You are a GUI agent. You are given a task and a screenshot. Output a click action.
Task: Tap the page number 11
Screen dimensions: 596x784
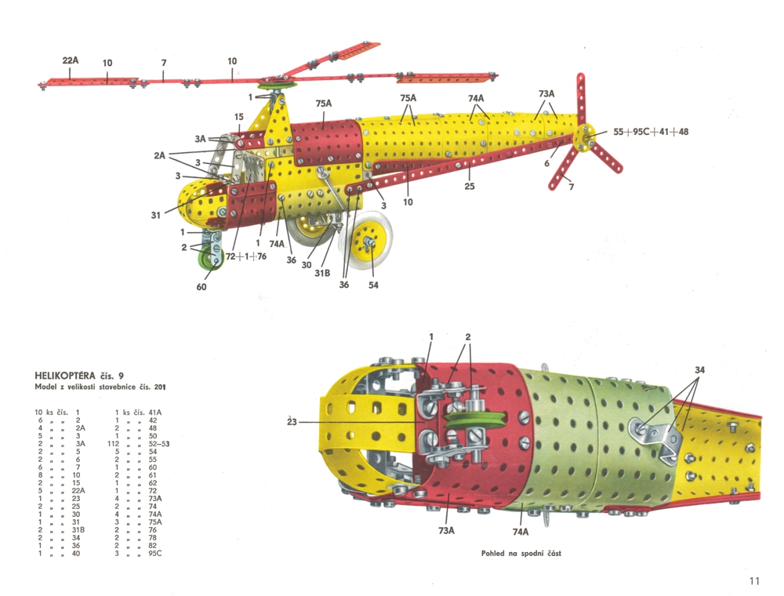click(x=754, y=581)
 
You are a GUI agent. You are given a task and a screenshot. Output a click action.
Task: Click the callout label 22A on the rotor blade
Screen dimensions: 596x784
click(x=70, y=60)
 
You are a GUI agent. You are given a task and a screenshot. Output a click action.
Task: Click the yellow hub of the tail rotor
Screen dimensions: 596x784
click(x=583, y=139)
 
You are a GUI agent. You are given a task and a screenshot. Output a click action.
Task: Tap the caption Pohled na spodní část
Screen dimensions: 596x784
click(x=521, y=553)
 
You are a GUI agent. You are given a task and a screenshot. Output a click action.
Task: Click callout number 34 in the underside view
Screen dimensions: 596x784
click(x=699, y=369)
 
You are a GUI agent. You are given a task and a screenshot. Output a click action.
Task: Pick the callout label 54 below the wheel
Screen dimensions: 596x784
click(x=373, y=285)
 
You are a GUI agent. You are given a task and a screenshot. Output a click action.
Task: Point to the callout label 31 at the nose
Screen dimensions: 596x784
click(x=157, y=214)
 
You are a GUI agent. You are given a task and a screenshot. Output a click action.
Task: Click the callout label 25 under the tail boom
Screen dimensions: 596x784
click(x=470, y=186)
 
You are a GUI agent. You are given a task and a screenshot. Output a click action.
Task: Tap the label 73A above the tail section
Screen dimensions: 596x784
click(x=547, y=94)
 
